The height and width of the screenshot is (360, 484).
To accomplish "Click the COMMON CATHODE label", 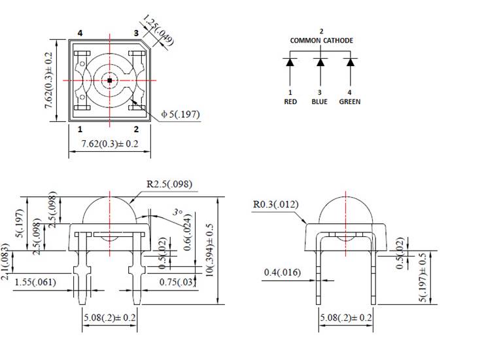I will (321, 41).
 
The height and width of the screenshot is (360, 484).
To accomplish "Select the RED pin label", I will (290, 101).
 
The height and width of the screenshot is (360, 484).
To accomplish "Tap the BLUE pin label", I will (320, 101).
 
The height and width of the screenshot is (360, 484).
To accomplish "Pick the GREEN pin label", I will (350, 101).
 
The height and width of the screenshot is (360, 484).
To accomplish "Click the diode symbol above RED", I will (290, 63).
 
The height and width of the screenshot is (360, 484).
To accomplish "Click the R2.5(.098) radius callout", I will (169, 184).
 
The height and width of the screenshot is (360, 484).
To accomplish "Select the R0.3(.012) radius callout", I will (275, 204).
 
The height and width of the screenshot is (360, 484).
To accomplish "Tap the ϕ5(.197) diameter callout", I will (180, 115).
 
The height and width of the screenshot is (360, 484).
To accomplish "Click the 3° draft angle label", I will (177, 213).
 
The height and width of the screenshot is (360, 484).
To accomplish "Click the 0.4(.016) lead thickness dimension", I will (282, 272).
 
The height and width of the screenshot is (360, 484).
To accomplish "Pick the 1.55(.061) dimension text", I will (35, 281).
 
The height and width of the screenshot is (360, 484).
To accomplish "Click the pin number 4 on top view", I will (80, 33).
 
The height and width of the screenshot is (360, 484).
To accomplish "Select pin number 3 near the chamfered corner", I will (136, 33).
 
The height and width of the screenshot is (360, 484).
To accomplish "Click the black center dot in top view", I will (110, 80).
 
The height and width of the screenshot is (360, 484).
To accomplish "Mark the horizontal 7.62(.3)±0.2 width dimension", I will (109, 143).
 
